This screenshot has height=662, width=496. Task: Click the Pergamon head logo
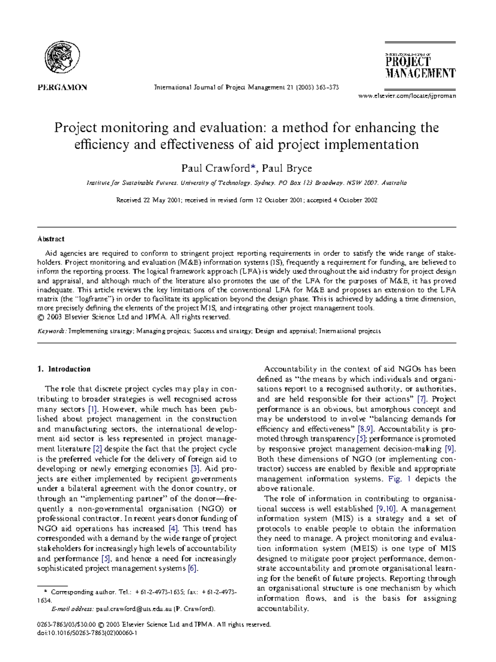(x=62, y=58)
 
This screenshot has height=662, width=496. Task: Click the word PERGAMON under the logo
(x=62, y=87)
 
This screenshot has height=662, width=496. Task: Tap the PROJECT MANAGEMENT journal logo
(x=420, y=67)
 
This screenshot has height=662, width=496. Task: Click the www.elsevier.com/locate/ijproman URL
(x=407, y=96)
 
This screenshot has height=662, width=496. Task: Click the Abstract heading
(x=51, y=239)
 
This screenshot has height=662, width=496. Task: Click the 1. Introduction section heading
(x=64, y=369)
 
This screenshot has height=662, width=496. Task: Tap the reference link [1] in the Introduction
(x=92, y=409)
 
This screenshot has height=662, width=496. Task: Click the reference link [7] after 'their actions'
(x=422, y=399)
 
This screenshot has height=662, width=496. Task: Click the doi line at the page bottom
(x=87, y=633)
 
